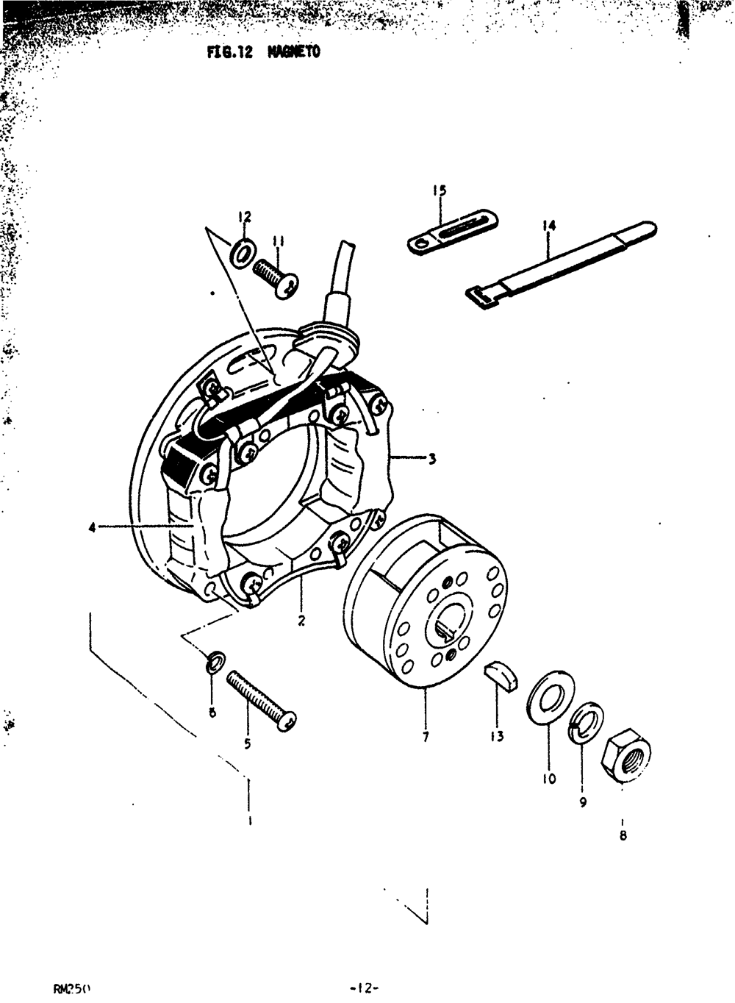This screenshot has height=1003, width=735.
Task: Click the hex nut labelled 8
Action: (625, 754)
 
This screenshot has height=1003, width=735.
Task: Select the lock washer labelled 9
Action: (586, 723)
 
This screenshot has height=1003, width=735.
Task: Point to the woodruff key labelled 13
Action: (500, 675)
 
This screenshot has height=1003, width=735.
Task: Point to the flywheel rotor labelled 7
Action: (426, 603)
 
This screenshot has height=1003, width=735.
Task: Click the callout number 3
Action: (432, 459)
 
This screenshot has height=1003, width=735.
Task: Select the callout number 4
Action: (93, 527)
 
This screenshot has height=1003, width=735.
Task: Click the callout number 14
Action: (549, 226)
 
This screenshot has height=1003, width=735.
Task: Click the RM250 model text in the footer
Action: (71, 988)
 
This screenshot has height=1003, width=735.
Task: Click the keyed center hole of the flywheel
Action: (445, 627)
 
